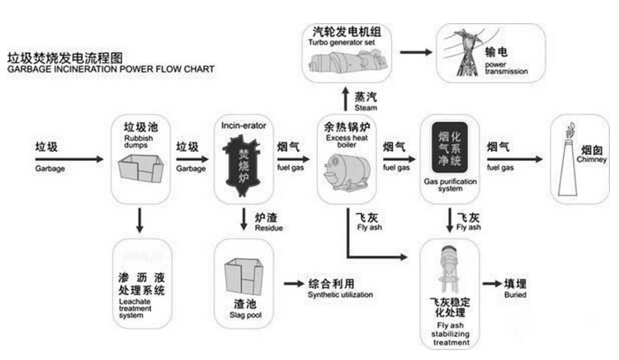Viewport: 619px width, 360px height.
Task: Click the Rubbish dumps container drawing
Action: (x=139, y=170)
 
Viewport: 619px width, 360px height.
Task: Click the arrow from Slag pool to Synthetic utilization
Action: (x=291, y=284)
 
